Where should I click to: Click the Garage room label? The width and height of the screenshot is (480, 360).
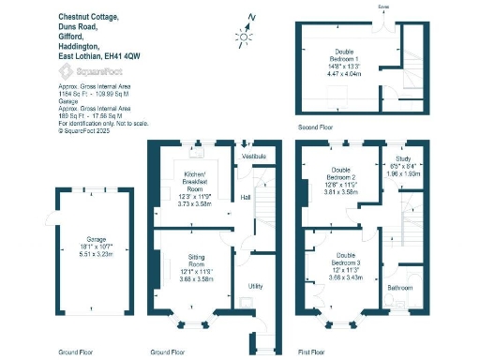pyautogui.click(x=89, y=240)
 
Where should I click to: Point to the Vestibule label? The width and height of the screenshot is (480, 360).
pyautogui.click(x=254, y=156)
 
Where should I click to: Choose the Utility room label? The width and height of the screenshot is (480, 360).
pyautogui.click(x=255, y=285)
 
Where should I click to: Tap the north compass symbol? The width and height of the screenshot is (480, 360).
pyautogui.click(x=246, y=36)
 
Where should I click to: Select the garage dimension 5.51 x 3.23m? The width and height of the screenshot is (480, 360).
pyautogui.click(x=89, y=254)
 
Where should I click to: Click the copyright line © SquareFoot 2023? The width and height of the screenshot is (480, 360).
pyautogui.click(x=90, y=131)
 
